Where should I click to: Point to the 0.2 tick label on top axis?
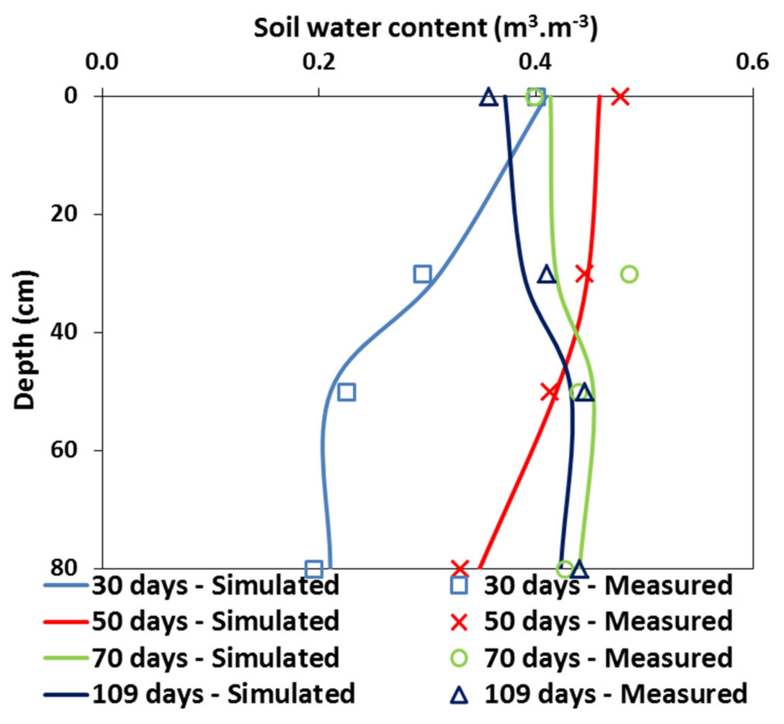[319, 62]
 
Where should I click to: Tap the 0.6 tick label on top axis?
[752, 62]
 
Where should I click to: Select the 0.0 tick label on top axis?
[102, 62]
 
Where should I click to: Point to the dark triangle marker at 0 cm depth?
[489, 97]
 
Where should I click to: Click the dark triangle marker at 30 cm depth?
[547, 275]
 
